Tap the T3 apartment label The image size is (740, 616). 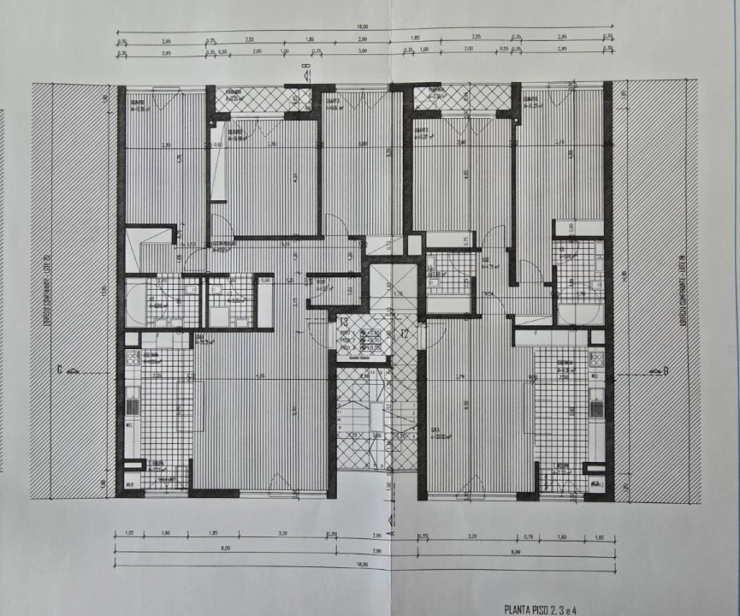click(x=343, y=322)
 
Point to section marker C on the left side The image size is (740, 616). click(x=61, y=370)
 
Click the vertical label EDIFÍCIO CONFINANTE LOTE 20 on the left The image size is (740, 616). click(x=46, y=291)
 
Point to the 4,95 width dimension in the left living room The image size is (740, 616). click(x=261, y=376)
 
